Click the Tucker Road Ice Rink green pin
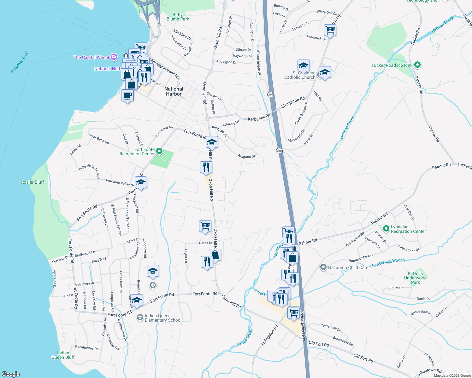tap(417, 65)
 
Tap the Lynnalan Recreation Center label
tap(408, 229)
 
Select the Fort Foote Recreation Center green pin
tap(159, 152)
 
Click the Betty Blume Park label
tap(178, 17)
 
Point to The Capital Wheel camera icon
tap(114, 57)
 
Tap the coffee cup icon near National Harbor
tap(127, 95)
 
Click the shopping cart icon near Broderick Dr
tap(330, 30)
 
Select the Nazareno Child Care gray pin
tap(323, 267)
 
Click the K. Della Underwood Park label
tap(415, 278)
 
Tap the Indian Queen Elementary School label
tap(163, 318)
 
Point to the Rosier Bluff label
tap(32, 182)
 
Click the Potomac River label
tap(19, 62)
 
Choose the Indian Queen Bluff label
tap(63, 355)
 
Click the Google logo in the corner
tap(11, 374)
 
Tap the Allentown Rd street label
tap(430, 372)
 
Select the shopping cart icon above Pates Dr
tap(205, 226)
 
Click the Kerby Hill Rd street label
tap(259, 117)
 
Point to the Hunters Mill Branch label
tap(387, 263)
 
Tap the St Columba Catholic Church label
tap(300, 75)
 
